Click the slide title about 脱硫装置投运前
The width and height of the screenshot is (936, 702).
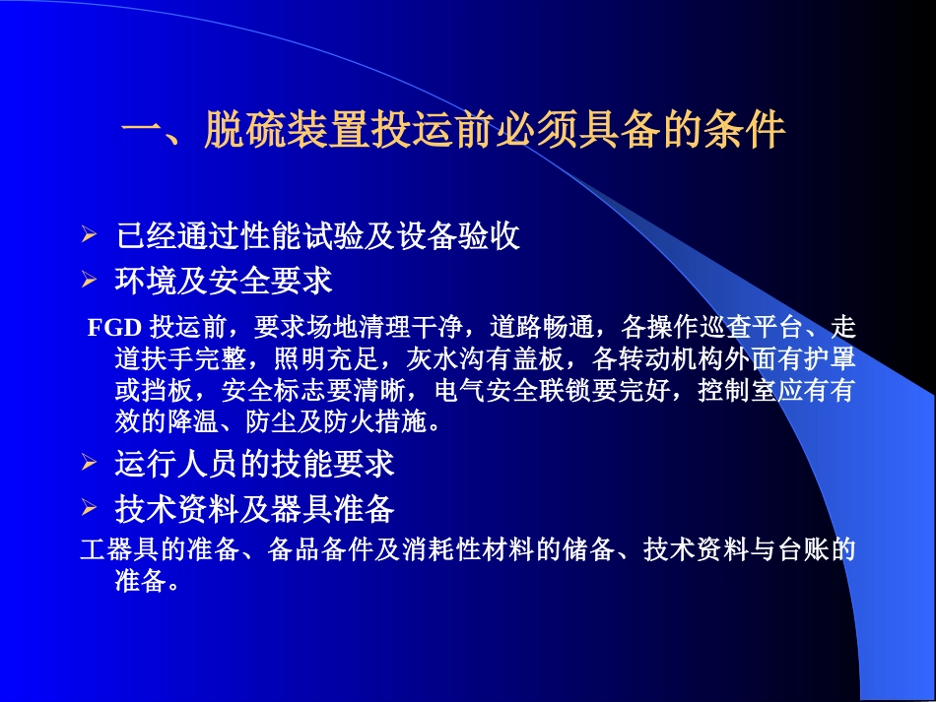tap(453, 131)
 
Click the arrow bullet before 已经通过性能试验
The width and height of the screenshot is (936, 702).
tap(89, 236)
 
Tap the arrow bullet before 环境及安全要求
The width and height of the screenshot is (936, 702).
tap(89, 282)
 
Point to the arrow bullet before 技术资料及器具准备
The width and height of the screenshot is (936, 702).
tap(89, 508)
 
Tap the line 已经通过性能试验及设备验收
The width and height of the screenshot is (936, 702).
tap(317, 237)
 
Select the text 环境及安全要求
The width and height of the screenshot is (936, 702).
tap(225, 282)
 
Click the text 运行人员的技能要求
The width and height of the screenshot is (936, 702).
tap(254, 463)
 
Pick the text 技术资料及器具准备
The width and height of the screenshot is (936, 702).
tap(254, 509)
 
